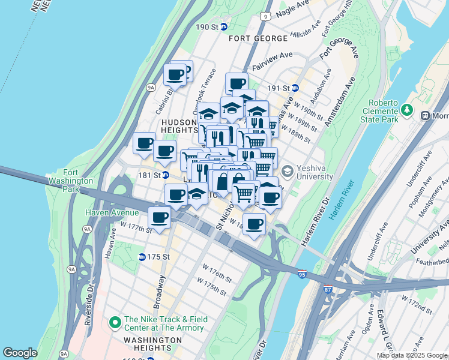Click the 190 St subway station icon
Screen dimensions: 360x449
[223, 27]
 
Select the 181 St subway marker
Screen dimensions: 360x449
[165, 175]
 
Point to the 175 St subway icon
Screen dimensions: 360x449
[142, 257]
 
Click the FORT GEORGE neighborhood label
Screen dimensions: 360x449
[258, 38]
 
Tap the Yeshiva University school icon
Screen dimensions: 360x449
[287, 172]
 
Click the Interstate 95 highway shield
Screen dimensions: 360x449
[301, 274]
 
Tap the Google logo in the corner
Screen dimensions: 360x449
[20, 353]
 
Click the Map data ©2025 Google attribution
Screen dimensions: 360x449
[412, 355]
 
